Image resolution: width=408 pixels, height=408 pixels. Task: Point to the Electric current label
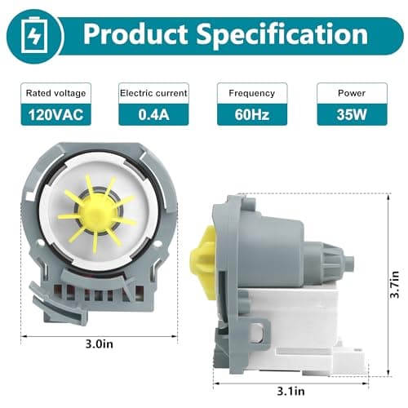tap(153, 93)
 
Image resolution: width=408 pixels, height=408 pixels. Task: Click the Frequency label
tap(251, 93)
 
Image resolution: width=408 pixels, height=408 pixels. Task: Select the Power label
tap(351, 93)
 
